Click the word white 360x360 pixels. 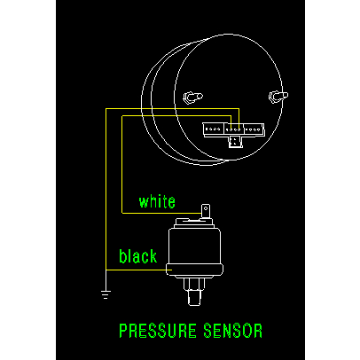coord(157,202)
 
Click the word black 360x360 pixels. coord(137,256)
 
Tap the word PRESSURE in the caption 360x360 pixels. coord(158,331)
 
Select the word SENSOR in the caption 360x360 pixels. coord(233,331)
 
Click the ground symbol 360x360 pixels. coord(106,294)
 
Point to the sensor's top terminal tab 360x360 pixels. coord(206,211)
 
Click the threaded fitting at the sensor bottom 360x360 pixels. coord(194,298)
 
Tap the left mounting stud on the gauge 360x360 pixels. coord(192,98)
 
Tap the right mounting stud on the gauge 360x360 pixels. coord(278,97)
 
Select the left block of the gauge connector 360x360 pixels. coord(214,129)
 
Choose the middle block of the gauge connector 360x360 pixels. coord(234,129)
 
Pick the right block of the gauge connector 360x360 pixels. coord(254,129)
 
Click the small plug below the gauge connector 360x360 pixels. coord(235,142)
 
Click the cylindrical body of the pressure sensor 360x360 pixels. coord(194,246)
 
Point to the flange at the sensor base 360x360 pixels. coord(194,270)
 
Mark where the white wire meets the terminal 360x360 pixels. coord(202,213)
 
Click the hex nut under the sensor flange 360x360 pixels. coord(194,284)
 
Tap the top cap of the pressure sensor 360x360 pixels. coord(194,223)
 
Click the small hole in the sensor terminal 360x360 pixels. coord(206,208)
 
